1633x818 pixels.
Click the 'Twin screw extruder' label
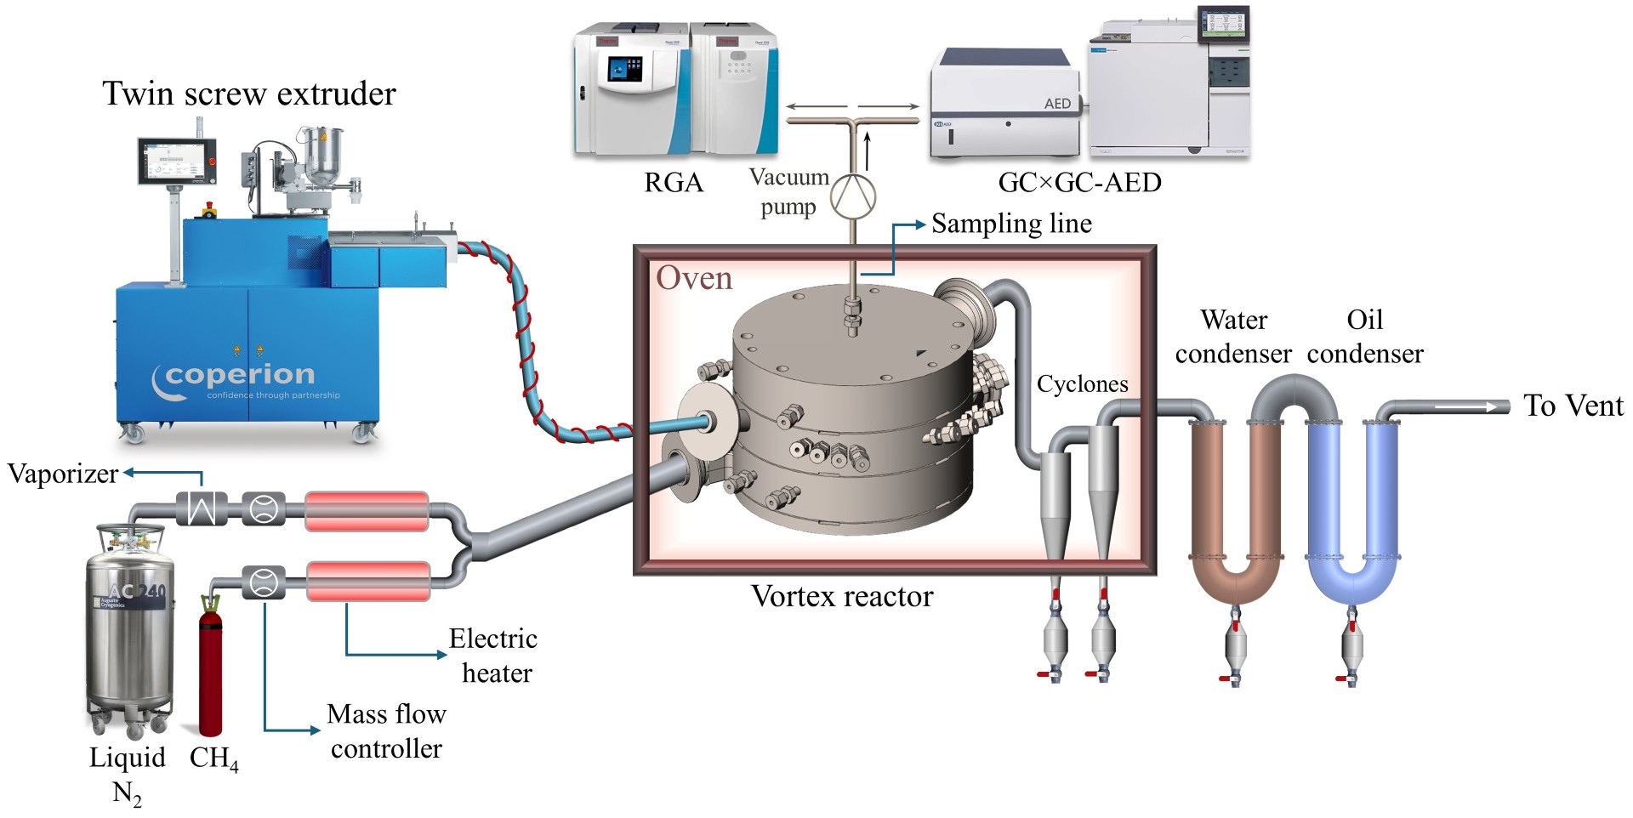click(x=249, y=94)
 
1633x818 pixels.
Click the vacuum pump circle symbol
click(x=852, y=196)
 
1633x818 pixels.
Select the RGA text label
click(x=674, y=183)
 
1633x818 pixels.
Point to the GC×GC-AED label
click(x=1079, y=183)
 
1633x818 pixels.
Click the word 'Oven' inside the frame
click(x=694, y=278)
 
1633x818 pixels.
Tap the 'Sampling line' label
click(x=1011, y=224)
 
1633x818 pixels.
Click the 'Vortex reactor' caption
click(x=841, y=596)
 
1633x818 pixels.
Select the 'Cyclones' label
click(x=1082, y=384)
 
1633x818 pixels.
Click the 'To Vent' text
click(x=1573, y=406)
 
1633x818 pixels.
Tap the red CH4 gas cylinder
click(x=210, y=672)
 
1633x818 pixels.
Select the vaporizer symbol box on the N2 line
click(x=202, y=509)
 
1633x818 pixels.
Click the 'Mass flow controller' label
click(x=387, y=731)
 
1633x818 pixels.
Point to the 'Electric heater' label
click(x=494, y=656)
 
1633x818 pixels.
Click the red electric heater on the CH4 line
click(x=367, y=582)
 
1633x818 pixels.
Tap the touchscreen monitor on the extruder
click(x=178, y=161)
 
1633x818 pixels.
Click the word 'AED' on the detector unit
click(x=1057, y=104)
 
